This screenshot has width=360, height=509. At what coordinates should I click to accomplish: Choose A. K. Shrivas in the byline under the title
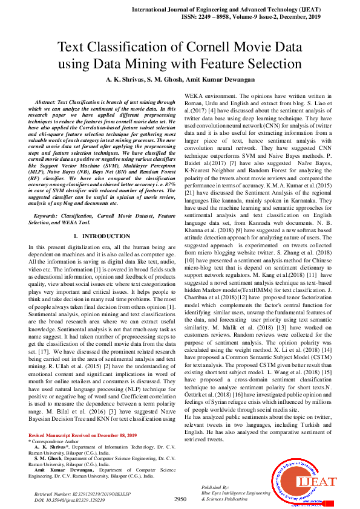(126, 80)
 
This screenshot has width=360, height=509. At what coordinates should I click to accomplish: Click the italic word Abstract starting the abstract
(47, 103)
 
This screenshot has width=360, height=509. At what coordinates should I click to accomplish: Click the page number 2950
(180, 499)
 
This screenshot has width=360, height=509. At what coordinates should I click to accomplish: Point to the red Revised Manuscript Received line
(82, 435)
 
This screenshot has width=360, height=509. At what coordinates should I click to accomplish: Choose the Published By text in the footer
(215, 487)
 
